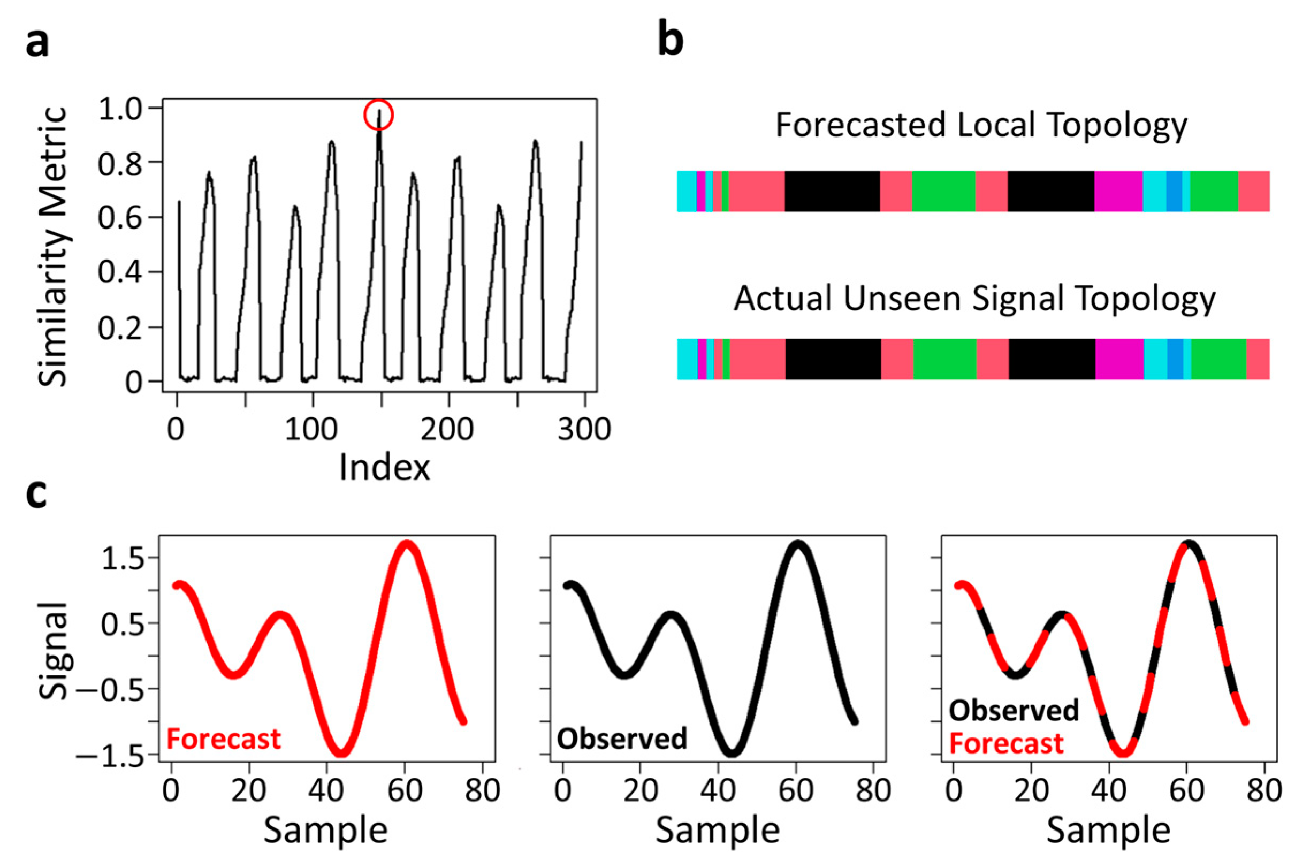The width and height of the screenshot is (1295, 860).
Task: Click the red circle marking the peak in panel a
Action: pos(378,115)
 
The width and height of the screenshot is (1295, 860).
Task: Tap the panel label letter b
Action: pos(670,41)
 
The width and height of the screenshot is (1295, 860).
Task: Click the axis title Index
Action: pos(384,468)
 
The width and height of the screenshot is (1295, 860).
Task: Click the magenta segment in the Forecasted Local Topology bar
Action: pos(1118,191)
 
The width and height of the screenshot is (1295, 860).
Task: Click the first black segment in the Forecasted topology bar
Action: pos(832,191)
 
